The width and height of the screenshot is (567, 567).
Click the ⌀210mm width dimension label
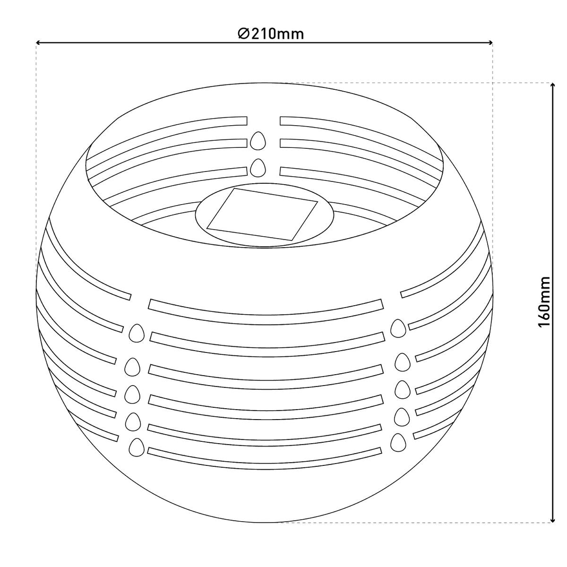click(x=271, y=34)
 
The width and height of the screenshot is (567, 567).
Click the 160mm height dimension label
click(x=544, y=302)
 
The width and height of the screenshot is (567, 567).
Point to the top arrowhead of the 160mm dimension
click(x=552, y=86)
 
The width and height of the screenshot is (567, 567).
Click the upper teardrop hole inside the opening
click(x=257, y=140)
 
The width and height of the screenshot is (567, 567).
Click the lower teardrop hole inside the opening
click(x=258, y=167)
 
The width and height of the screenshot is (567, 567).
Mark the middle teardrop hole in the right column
click(x=402, y=388)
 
